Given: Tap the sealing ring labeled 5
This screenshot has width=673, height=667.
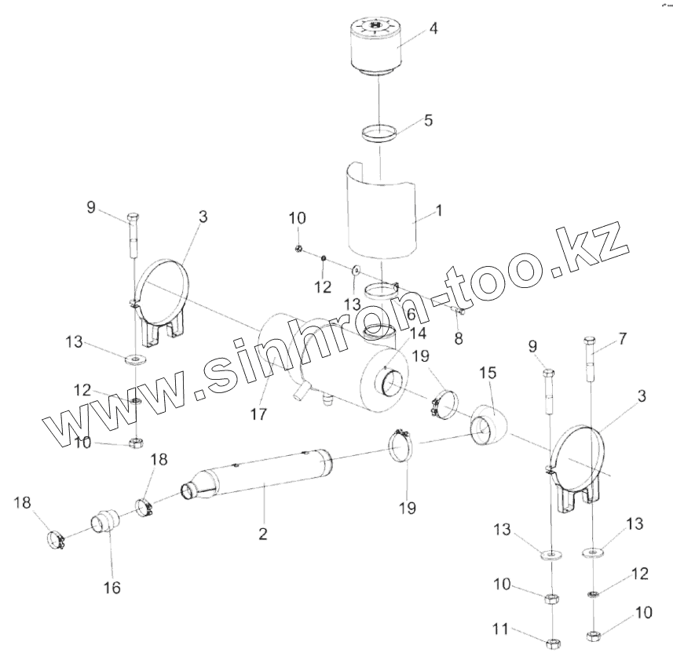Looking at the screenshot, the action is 379,133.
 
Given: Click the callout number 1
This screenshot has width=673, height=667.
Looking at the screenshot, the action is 438,211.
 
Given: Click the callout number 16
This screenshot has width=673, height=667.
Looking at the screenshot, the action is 112,588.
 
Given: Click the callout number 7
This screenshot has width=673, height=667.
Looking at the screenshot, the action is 623,338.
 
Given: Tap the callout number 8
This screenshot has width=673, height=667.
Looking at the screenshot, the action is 458,340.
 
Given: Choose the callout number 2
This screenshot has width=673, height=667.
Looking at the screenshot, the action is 262,534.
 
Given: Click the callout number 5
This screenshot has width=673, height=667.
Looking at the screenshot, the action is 427,121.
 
